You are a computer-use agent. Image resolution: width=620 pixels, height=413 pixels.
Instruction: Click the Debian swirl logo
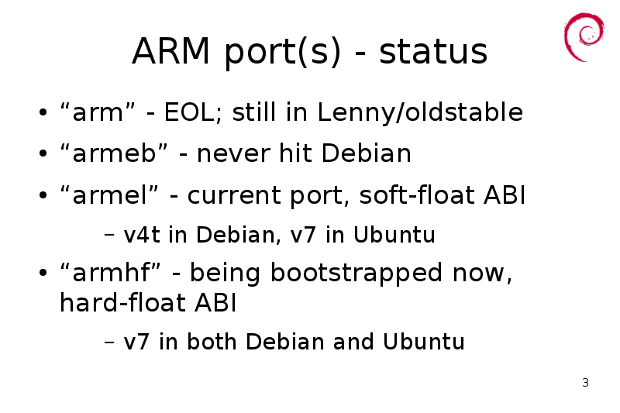pyautogui.click(x=584, y=37)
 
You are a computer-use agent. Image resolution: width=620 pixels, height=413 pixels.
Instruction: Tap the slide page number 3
pyautogui.click(x=585, y=383)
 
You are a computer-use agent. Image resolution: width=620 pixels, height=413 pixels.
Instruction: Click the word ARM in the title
pyautogui.click(x=170, y=51)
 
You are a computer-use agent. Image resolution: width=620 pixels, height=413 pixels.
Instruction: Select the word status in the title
pyautogui.click(x=433, y=51)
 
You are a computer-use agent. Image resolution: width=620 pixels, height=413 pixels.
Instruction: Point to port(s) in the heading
pyautogui.click(x=282, y=53)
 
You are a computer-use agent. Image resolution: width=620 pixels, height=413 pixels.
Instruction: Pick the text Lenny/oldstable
pyautogui.click(x=420, y=112)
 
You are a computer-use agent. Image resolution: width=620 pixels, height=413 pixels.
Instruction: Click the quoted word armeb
pyautogui.click(x=114, y=153)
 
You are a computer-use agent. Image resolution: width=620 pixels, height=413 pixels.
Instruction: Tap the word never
pyautogui.click(x=233, y=153)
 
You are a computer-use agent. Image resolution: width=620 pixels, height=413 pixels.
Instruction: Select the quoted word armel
pyautogui.click(x=109, y=195)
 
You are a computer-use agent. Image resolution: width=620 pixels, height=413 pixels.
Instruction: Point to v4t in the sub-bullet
pyautogui.click(x=142, y=235)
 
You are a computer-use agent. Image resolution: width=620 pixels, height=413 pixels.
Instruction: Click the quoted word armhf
pyautogui.click(x=111, y=273)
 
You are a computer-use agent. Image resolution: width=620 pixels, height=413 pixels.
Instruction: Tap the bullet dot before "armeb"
pyautogui.click(x=43, y=153)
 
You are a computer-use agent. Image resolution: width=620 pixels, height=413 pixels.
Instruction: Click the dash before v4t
pyautogui.click(x=109, y=235)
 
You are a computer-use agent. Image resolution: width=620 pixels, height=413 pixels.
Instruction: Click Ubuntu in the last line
pyautogui.click(x=423, y=342)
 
